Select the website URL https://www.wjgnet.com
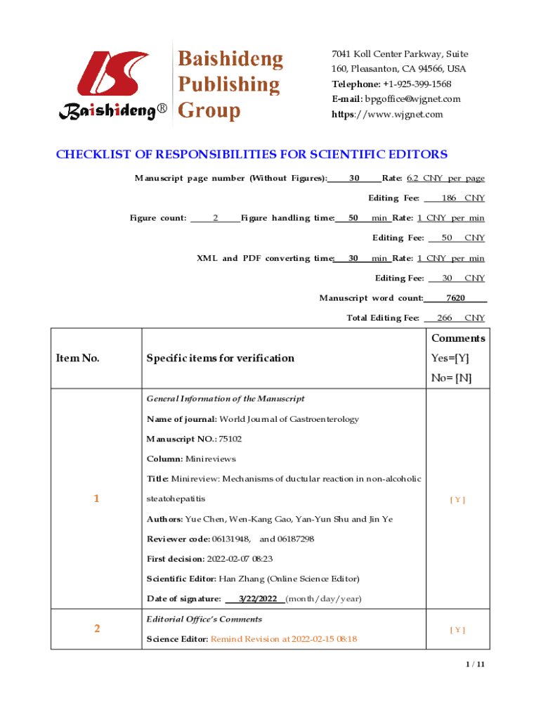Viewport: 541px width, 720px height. pyautogui.click(x=387, y=115)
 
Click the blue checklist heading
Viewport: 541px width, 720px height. pyautogui.click(x=252, y=155)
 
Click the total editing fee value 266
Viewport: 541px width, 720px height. pyautogui.click(x=444, y=319)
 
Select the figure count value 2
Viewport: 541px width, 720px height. pyautogui.click(x=215, y=218)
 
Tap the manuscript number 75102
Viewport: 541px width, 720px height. pyautogui.click(x=230, y=439)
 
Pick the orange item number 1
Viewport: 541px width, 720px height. pyautogui.click(x=96, y=499)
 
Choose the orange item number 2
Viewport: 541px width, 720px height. pyautogui.click(x=96, y=629)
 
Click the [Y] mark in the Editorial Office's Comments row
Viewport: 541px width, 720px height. pyautogui.click(x=457, y=630)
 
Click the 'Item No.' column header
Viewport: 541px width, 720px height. pyautogui.click(x=77, y=359)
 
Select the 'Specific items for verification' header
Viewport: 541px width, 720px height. pyautogui.click(x=220, y=359)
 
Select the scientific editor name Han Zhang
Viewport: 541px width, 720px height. pyautogui.click(x=244, y=579)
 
